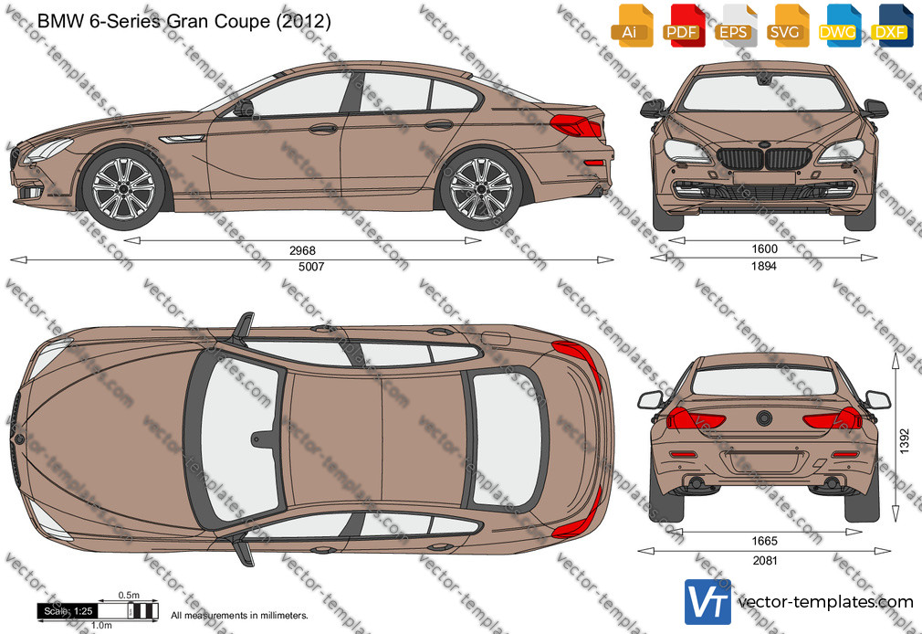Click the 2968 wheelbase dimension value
302,251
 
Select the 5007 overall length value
311,267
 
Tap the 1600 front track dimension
764,249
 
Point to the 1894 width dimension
764,266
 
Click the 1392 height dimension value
905,440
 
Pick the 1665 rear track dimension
764,541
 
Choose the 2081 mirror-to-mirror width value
765,560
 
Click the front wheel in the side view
123,189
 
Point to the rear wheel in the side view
481,189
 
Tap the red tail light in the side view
575,125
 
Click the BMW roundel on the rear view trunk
764,418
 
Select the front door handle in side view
323,128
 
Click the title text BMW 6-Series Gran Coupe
153,21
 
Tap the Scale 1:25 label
68,611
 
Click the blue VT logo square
707,602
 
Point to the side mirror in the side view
244,109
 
